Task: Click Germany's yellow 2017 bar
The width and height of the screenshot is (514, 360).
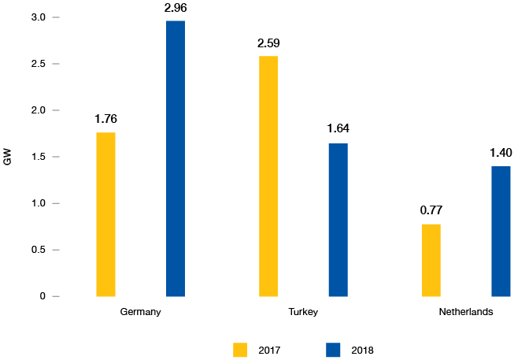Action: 105,214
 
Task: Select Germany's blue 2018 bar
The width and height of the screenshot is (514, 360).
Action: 175,158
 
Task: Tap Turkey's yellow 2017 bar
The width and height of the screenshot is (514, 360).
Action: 268,176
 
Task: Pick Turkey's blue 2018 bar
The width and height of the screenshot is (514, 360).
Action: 338,220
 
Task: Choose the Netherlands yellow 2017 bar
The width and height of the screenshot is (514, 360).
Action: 431,260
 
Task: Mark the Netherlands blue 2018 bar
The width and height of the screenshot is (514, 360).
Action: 501,231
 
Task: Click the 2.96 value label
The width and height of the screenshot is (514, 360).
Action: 175,9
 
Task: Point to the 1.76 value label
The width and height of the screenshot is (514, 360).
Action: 105,120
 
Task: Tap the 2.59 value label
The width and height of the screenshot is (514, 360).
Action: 268,43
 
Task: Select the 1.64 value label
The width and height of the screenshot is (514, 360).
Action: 338,130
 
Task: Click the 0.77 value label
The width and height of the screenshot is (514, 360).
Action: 431,212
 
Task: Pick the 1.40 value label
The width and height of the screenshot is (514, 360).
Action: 501,153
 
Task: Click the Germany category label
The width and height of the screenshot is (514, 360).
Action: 141,312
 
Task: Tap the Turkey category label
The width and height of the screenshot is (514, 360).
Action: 303,312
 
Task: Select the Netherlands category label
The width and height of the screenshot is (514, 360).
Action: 466,312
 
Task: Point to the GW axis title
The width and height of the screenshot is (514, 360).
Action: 8,157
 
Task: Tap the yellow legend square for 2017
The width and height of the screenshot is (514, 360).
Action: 240,349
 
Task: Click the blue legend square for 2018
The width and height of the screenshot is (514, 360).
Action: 333,349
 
